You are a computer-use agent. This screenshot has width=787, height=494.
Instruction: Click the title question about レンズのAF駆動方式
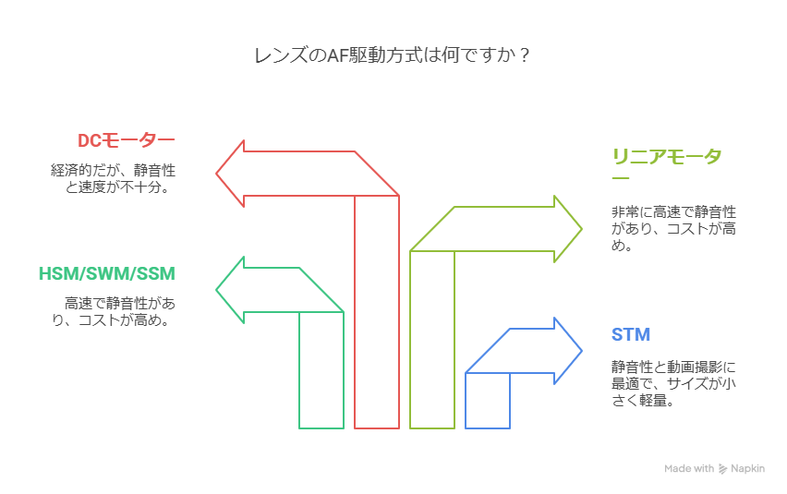392,55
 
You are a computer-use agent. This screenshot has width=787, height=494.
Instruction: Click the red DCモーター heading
126,140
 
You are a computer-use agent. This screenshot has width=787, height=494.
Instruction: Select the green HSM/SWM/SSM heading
106,274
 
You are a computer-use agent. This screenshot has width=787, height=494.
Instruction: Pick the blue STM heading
630,334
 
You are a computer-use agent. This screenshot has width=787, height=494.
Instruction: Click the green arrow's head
231,290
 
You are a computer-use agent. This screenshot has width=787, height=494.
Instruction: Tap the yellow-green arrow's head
567,228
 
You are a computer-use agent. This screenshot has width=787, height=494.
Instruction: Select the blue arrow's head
567,350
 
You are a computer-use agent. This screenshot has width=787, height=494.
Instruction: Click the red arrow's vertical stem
377,314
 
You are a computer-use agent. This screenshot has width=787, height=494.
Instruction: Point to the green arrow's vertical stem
321,369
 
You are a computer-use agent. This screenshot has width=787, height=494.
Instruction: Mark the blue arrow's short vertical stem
488,401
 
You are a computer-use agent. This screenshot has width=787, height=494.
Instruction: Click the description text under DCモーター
113,178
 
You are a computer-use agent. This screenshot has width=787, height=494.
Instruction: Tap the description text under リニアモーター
673,228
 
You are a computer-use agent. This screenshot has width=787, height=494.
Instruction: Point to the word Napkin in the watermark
748,469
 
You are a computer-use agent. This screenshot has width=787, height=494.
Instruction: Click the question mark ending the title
525,55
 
